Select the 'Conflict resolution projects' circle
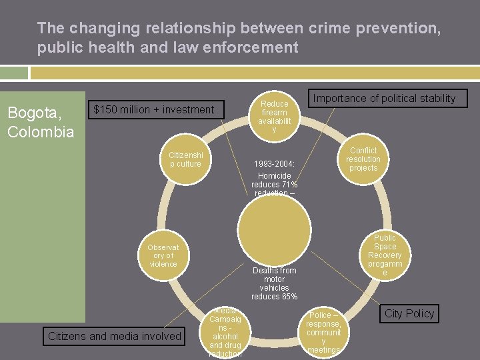(363, 159)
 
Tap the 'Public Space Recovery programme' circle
(385, 255)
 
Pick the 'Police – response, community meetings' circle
(323, 331)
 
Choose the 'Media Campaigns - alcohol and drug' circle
(225, 332)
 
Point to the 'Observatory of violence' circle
(163, 255)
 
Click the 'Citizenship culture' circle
(185, 159)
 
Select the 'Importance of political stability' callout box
(384, 99)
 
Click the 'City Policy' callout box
(409, 313)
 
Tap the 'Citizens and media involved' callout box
(115, 337)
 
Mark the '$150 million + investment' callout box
(154, 109)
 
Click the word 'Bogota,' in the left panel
(32, 113)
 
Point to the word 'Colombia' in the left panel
(41, 131)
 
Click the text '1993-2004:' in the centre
(274, 164)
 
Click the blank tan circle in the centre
(274, 232)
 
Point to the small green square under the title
(14, 73)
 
